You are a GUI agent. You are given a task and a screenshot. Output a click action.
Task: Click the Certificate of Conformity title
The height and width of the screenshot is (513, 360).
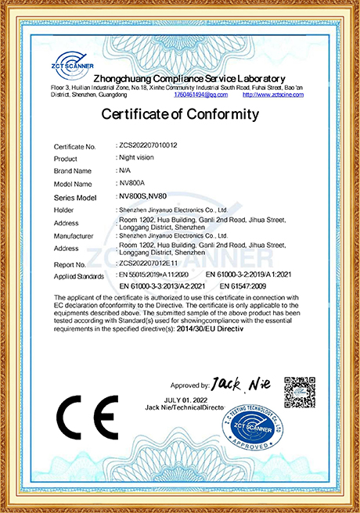tap(179, 114)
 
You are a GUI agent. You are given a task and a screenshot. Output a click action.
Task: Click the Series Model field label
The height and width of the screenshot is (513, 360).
tap(75, 197)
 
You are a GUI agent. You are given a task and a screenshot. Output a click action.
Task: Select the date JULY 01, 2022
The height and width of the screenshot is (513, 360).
tap(190, 400)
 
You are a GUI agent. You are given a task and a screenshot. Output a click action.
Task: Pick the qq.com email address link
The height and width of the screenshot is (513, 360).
tap(201, 95)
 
